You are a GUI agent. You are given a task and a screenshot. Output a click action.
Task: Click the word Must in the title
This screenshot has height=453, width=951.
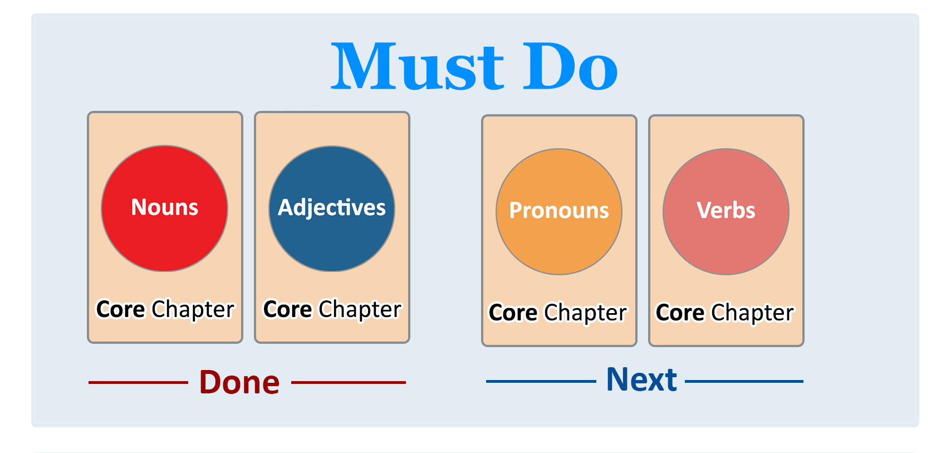click(418, 66)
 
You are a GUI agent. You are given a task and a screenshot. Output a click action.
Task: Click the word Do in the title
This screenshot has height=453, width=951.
click(570, 66)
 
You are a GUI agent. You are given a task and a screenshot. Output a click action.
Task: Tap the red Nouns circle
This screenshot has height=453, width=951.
click(165, 208)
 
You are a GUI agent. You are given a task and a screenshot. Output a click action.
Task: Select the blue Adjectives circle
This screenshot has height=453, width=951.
click(332, 208)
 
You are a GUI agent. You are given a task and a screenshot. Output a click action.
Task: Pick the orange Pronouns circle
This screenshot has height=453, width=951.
click(558, 212)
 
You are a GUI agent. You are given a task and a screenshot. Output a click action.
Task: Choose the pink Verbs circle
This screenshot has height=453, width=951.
click(726, 212)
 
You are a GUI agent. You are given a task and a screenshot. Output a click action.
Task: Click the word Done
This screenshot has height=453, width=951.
click(239, 382)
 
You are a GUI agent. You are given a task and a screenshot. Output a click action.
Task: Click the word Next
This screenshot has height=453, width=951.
click(641, 379)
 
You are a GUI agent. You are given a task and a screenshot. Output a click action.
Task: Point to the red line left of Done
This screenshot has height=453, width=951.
click(139, 382)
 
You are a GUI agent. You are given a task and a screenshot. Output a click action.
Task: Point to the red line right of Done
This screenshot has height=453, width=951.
click(349, 382)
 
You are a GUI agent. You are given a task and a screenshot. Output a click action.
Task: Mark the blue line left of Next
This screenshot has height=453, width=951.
click(541, 381)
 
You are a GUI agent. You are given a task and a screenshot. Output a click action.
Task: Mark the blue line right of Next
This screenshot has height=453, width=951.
click(744, 381)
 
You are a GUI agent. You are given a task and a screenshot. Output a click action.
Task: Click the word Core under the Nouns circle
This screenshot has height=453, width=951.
click(121, 309)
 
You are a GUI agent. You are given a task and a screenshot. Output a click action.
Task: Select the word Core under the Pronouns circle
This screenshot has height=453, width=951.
click(513, 313)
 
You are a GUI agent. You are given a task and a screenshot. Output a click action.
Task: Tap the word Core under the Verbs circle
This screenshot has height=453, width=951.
click(680, 313)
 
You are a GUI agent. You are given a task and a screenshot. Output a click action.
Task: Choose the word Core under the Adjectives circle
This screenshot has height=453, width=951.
click(287, 309)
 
